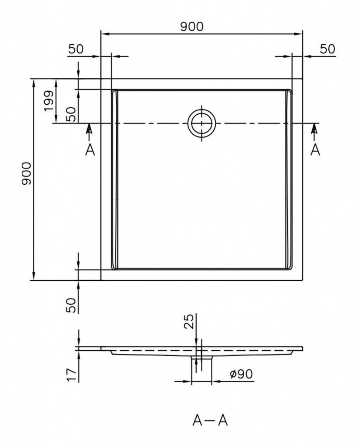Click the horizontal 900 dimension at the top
point(192,27)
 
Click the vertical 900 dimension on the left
point(26,174)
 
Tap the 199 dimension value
point(49,101)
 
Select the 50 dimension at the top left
point(76,49)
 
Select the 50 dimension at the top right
point(327,49)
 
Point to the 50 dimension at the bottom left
point(71,305)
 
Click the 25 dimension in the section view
point(189,321)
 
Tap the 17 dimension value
point(71,375)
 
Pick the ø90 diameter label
point(241,374)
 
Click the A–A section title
point(210,420)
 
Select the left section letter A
point(90,149)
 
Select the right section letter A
point(315,149)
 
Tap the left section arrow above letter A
point(89,132)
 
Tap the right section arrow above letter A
point(314,132)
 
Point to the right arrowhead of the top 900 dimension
point(298,34)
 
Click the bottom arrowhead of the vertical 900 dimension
point(34,276)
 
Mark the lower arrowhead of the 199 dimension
point(56,119)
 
